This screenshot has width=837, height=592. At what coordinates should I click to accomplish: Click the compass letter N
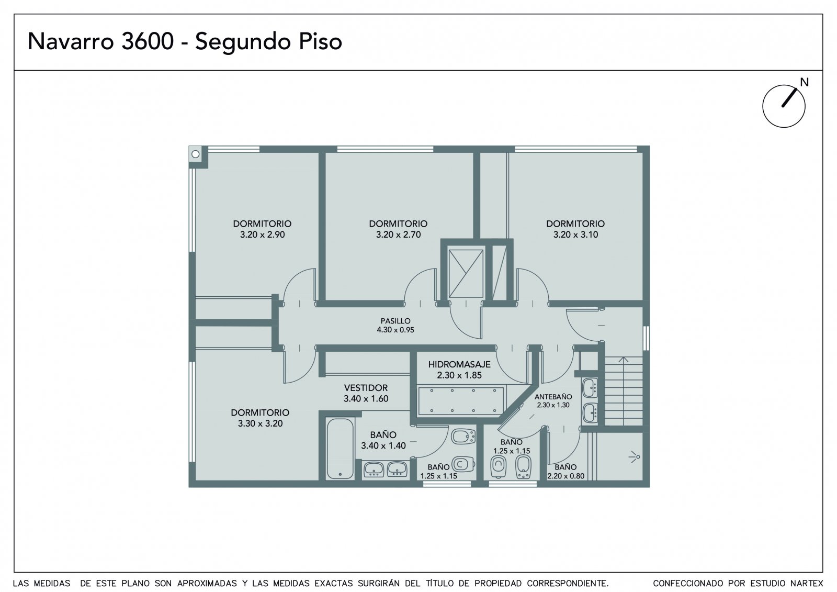click(x=804, y=82)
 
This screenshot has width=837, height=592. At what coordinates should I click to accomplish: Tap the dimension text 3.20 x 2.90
click(x=262, y=234)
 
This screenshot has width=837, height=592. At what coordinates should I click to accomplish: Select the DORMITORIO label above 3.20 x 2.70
click(x=398, y=224)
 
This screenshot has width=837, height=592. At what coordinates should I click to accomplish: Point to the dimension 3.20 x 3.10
click(x=575, y=234)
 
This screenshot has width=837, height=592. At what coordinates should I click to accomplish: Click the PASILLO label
click(x=395, y=321)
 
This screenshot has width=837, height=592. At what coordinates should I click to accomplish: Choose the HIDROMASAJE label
click(x=459, y=364)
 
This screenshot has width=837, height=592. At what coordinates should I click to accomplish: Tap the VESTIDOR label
click(x=366, y=388)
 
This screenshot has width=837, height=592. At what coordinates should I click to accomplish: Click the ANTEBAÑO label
click(x=553, y=397)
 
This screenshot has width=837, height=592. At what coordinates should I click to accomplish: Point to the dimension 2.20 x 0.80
click(x=565, y=476)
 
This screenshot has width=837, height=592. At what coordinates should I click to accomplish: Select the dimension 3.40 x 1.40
click(x=383, y=445)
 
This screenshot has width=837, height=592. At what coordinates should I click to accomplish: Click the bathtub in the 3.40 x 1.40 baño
click(x=340, y=449)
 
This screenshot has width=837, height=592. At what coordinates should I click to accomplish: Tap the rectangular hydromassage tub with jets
click(x=461, y=401)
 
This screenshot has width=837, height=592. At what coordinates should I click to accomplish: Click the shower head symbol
click(x=635, y=457)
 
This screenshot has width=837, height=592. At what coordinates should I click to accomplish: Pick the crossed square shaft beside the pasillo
click(x=466, y=274)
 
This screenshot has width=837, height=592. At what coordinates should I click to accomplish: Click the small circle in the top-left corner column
click(x=196, y=154)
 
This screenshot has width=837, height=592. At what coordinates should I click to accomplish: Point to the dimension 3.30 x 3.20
click(x=260, y=423)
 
